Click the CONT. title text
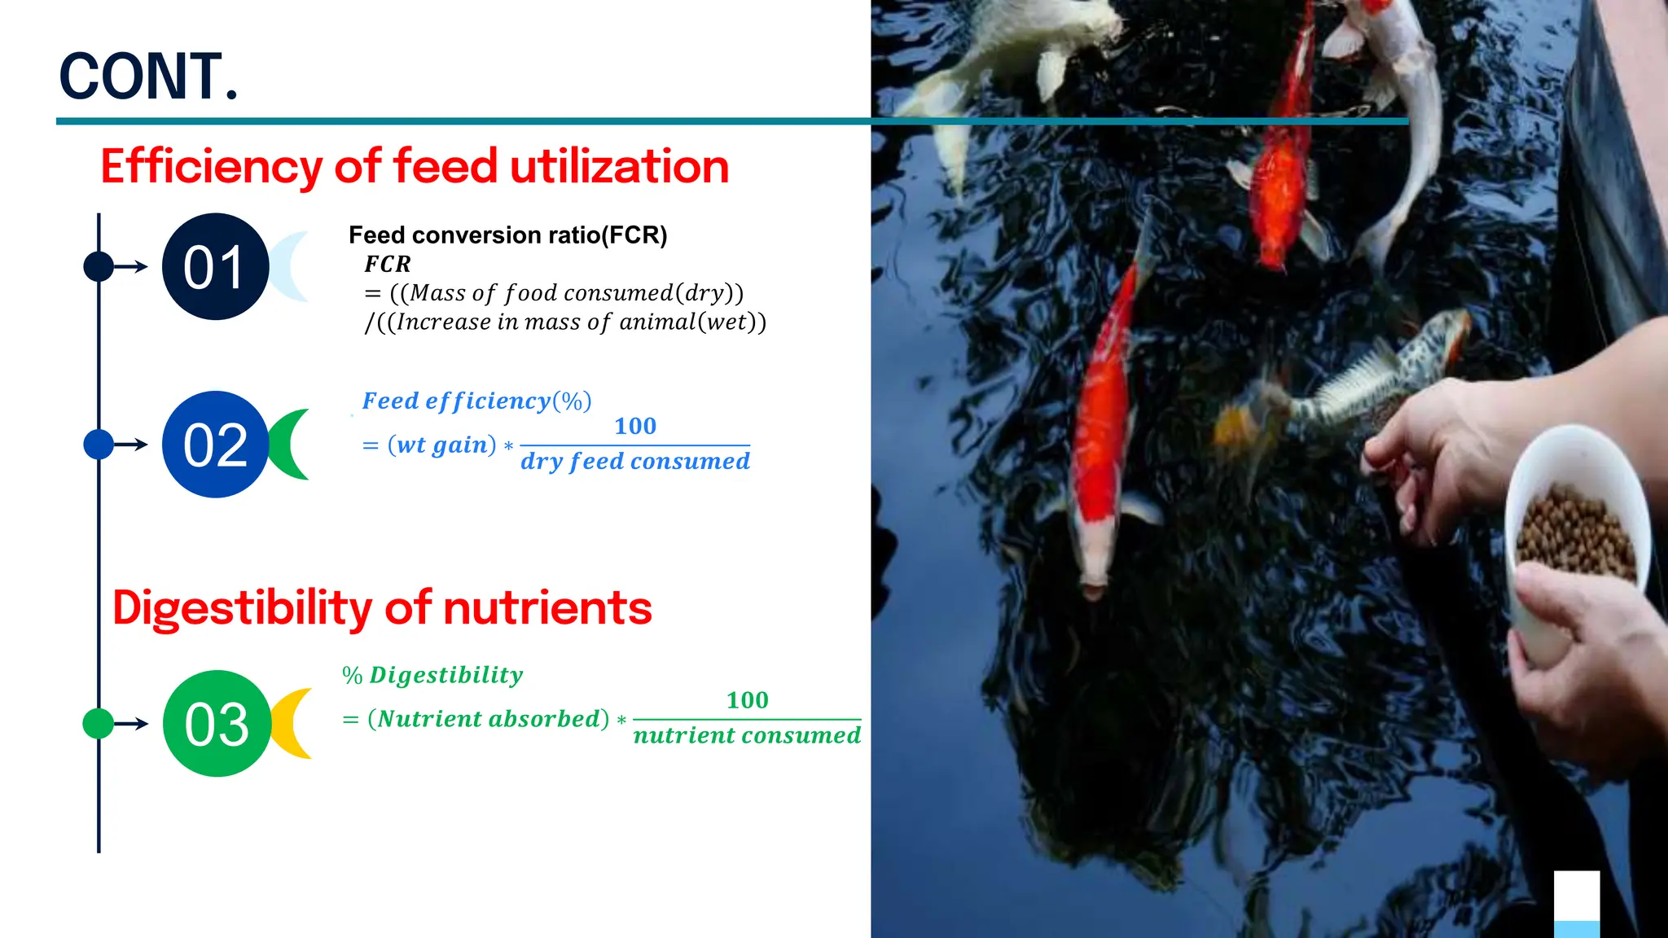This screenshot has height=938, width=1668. click(148, 77)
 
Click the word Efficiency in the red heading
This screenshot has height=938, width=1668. click(211, 167)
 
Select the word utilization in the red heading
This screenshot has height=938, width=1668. click(619, 167)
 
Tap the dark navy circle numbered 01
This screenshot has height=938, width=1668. click(215, 267)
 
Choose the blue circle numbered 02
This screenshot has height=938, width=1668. click(215, 445)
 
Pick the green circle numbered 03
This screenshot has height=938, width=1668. click(217, 724)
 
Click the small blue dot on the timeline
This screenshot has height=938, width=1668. click(99, 445)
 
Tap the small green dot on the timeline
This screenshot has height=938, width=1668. click(99, 724)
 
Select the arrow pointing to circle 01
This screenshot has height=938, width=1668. click(130, 267)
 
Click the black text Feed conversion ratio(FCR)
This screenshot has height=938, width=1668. click(507, 235)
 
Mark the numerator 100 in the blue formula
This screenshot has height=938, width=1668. click(634, 427)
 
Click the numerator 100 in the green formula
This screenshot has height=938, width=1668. click(747, 700)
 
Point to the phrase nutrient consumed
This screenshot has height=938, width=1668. click(747, 736)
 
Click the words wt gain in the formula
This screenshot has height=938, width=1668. click(442, 445)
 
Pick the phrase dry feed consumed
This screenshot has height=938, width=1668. click(635, 462)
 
